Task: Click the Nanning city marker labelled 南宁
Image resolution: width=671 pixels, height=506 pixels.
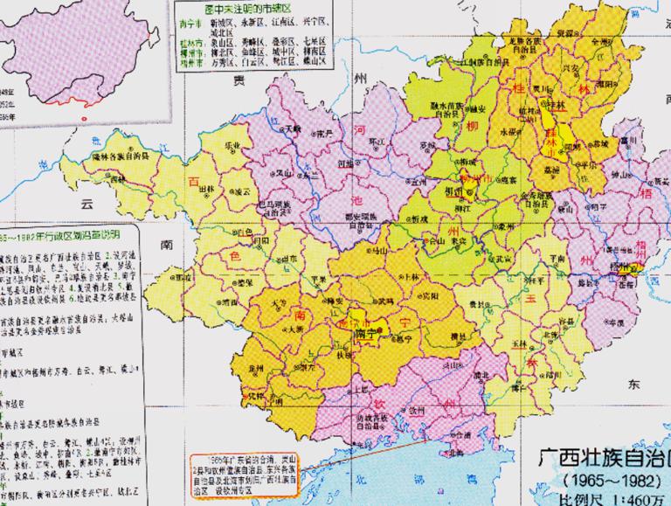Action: [x=366, y=333]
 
